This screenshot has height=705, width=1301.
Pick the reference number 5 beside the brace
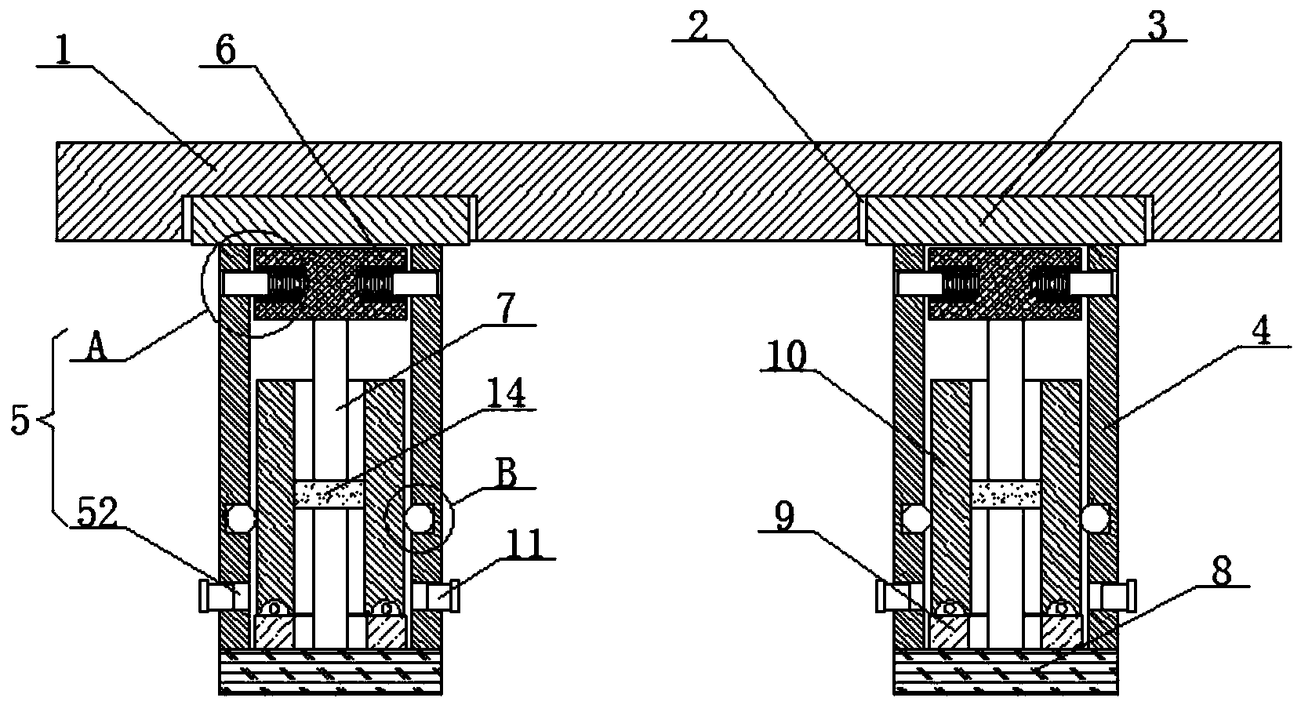click(x=20, y=422)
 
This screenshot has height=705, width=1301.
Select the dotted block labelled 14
click(x=329, y=494)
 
